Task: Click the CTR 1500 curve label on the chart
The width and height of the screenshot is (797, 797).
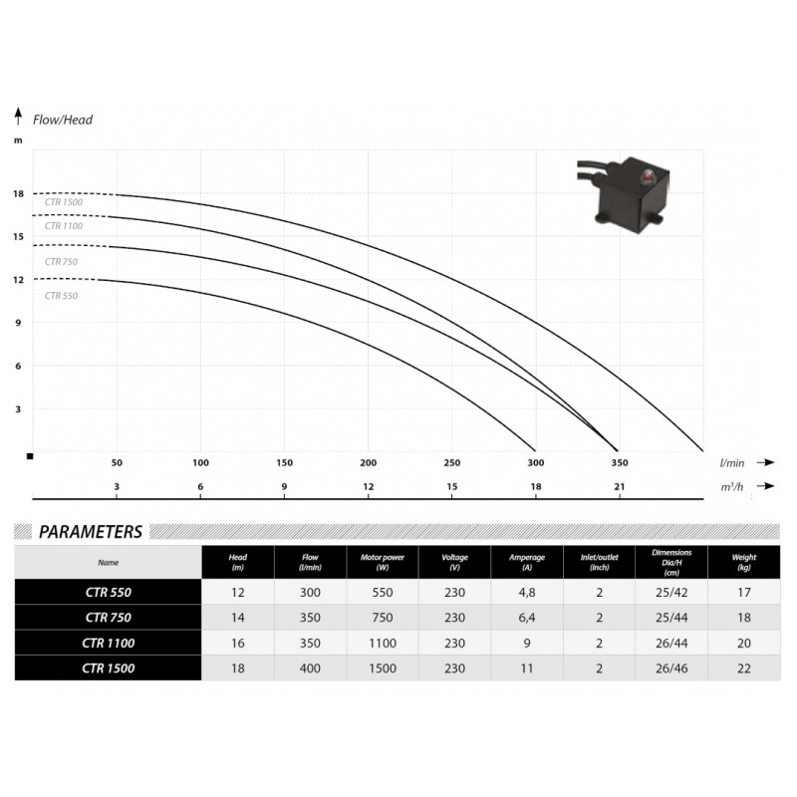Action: pos(64,202)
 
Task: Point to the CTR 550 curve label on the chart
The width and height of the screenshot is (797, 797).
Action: pos(61,296)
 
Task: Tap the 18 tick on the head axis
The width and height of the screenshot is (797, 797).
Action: pos(18,193)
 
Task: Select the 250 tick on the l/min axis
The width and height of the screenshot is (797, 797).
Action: pos(452,463)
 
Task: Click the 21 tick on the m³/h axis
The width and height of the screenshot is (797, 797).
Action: pos(619,486)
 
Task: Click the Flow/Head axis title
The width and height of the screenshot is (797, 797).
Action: pos(63,120)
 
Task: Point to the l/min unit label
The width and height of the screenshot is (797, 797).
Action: pos(732,463)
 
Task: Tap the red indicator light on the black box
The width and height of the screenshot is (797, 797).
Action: pos(649,176)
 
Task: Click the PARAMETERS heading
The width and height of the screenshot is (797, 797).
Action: pos(91,532)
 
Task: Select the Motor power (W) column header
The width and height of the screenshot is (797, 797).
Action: pos(383,562)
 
